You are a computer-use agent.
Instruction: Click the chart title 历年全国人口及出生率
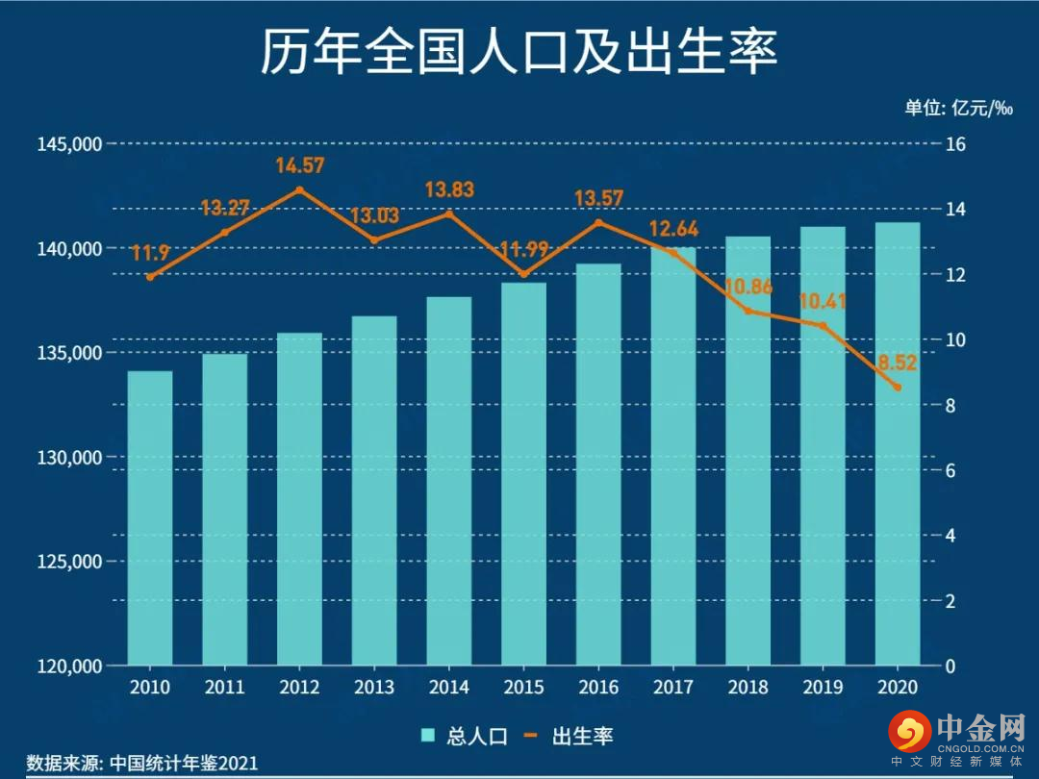[x=519, y=52]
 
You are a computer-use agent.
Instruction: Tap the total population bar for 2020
[x=897, y=443]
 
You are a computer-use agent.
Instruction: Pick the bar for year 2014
[x=448, y=481]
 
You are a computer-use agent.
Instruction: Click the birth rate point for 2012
[x=299, y=189]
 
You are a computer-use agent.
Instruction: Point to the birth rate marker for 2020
[x=898, y=388]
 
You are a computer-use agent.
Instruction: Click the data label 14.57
[x=299, y=165]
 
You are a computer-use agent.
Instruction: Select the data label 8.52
[x=897, y=364]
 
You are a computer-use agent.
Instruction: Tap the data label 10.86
[x=748, y=287]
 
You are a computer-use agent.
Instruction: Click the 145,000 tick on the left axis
[x=69, y=144]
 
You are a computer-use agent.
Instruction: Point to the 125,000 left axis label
[x=69, y=562]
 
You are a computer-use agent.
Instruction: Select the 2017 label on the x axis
[x=672, y=688]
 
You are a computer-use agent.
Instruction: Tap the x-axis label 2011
[x=224, y=688]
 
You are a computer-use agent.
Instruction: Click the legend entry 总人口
[x=466, y=736]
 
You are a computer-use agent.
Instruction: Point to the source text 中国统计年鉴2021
[x=183, y=763]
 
